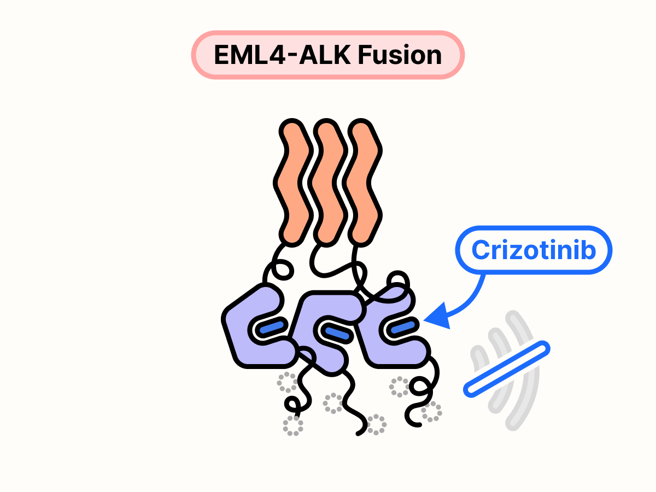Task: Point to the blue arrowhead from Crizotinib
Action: [x=435, y=318]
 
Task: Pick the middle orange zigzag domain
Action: [x=328, y=180]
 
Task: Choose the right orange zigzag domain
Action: [x=364, y=180]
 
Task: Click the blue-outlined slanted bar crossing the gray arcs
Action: [x=506, y=368]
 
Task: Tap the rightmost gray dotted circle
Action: [x=432, y=412]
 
